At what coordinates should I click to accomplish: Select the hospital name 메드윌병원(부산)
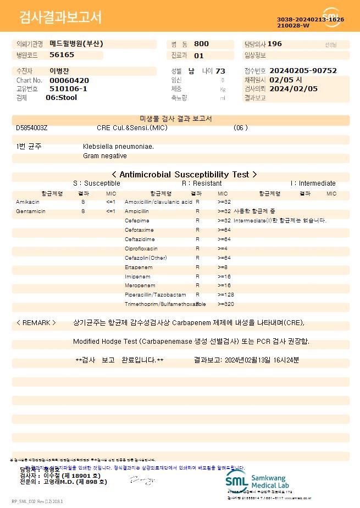[76, 44]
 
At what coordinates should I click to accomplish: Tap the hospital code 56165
[62, 55]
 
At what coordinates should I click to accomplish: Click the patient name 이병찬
[59, 71]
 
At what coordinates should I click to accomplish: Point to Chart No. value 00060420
[69, 80]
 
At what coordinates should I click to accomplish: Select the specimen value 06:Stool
[62, 98]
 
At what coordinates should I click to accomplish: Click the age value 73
[220, 71]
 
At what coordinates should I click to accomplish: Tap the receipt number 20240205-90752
[303, 71]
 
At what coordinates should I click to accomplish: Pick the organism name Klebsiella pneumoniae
[118, 147]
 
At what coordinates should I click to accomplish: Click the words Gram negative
[105, 156]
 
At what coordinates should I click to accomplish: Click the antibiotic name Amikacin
[27, 202]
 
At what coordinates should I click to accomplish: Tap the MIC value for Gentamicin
[110, 211]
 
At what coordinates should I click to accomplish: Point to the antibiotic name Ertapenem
[139, 267]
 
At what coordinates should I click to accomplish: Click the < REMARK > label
[36, 323]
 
